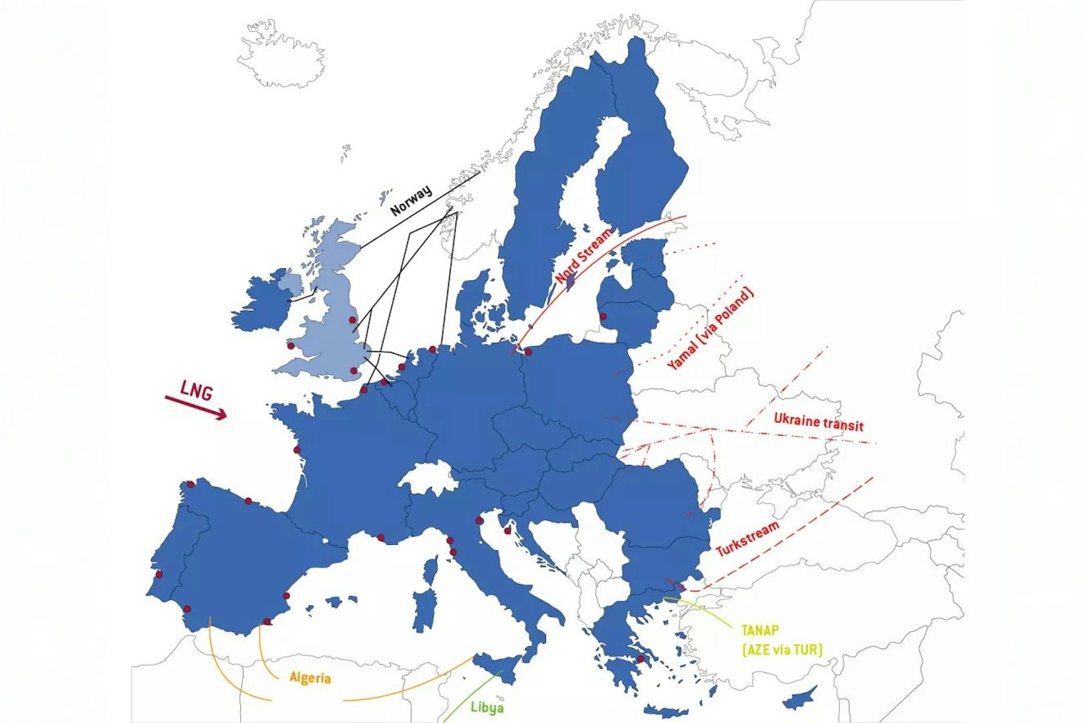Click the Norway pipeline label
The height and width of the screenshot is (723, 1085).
click(411, 200)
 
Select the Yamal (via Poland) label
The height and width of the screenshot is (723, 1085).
click(710, 329)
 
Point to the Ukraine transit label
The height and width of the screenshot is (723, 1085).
click(818, 422)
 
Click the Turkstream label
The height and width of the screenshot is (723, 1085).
click(747, 539)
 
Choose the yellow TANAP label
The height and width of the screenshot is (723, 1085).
click(760, 630)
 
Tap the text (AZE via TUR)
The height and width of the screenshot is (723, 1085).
click(782, 650)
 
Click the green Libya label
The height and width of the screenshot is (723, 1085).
click(487, 707)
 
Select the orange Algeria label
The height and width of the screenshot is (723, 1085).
click(310, 677)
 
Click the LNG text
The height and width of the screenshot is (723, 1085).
click(196, 391)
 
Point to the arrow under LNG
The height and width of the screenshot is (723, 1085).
click(196, 407)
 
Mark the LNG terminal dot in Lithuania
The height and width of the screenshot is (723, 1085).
click(603, 316)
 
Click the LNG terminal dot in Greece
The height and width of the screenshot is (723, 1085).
click(640, 659)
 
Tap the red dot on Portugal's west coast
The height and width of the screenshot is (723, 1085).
click(159, 574)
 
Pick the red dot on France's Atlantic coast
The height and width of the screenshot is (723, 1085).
click(297, 450)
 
